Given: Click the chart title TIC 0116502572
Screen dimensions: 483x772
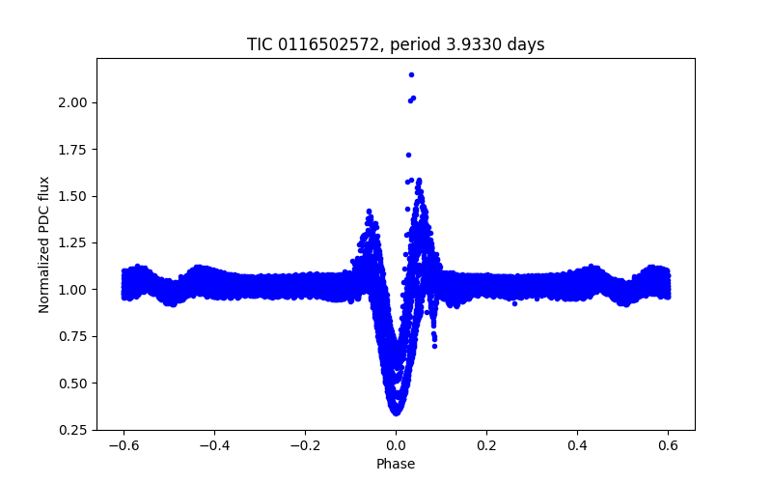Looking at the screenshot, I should [x=396, y=44].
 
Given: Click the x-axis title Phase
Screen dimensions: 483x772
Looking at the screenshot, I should [x=396, y=464].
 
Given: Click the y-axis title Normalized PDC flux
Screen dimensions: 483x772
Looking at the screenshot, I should [x=44, y=243].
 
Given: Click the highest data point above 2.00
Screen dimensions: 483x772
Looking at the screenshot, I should [x=411, y=74].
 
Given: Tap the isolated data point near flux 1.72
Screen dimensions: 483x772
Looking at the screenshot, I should [x=408, y=155].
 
